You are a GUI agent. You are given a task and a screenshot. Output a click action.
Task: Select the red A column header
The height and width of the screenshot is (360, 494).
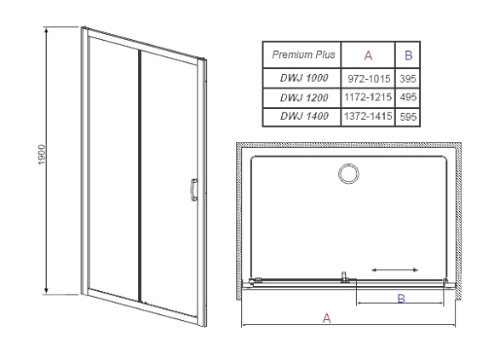click(368, 55)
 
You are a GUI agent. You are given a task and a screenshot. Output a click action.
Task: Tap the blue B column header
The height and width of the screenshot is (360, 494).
click(408, 55)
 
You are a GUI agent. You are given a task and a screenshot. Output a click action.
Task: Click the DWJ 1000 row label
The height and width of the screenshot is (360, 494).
click(304, 78)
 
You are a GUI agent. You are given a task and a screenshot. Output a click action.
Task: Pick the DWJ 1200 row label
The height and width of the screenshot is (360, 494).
click(304, 98)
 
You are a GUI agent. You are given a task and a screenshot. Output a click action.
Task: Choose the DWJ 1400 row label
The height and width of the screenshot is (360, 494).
click(304, 117)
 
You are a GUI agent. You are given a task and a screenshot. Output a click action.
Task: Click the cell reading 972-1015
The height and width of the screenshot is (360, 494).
click(369, 78)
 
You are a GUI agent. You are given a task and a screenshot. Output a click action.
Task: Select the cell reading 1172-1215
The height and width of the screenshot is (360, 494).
click(368, 97)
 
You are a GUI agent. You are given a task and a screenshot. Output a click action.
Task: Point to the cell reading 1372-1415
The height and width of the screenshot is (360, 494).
click(368, 117)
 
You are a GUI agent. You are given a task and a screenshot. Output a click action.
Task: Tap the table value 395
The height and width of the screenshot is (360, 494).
click(408, 78)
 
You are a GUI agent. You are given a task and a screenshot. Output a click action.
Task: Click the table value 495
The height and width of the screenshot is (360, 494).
click(408, 97)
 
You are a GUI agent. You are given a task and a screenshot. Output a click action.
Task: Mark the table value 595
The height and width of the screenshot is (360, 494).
click(408, 117)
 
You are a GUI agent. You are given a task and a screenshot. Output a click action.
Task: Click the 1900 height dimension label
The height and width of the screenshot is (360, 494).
click(42, 155)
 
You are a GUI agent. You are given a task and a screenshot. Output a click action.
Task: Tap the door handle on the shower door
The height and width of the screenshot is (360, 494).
click(193, 190)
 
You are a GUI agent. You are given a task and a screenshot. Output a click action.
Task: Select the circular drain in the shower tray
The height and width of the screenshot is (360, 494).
click(348, 174)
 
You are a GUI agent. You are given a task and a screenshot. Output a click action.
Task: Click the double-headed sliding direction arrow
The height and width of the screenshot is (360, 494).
click(394, 270)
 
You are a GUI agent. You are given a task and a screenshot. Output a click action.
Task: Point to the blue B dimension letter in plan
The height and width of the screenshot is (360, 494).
click(401, 299)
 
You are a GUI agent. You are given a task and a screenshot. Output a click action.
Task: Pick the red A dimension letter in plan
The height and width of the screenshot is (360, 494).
click(327, 318)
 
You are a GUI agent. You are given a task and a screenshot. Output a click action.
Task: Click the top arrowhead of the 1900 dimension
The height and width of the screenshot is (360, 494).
click(46, 31)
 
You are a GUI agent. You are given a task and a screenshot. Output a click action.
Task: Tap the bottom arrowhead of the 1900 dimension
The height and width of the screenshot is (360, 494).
click(46, 290)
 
